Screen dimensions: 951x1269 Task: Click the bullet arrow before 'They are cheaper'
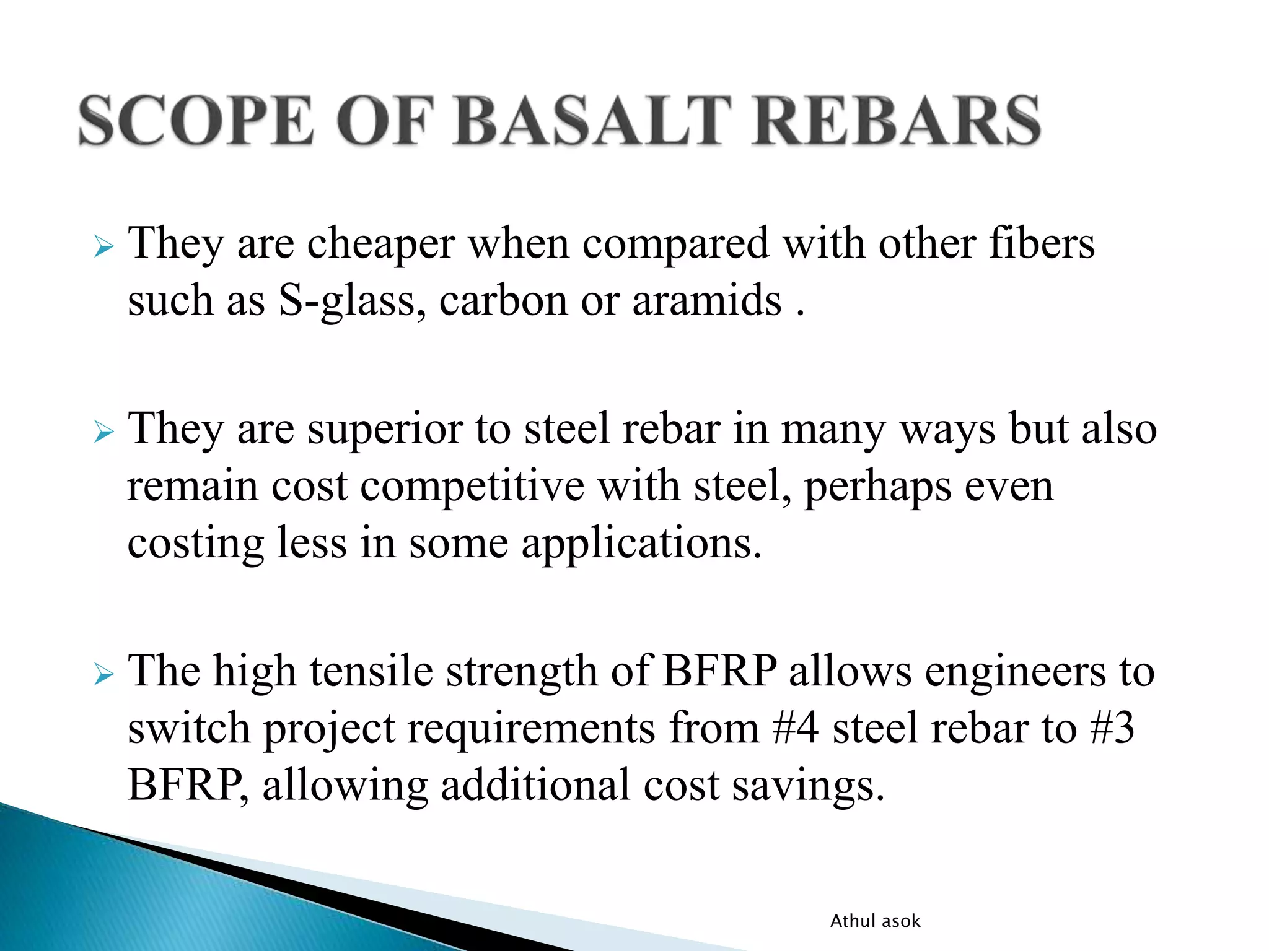click(104, 248)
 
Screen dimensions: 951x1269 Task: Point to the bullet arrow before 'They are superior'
click(104, 432)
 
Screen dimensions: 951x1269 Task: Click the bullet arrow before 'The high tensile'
click(104, 674)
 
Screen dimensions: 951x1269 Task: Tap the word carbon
click(503, 301)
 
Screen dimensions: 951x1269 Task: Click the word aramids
click(706, 301)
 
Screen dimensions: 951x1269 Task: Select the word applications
click(641, 544)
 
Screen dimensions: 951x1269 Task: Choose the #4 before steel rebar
click(795, 728)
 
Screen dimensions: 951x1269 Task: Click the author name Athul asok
click(875, 921)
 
